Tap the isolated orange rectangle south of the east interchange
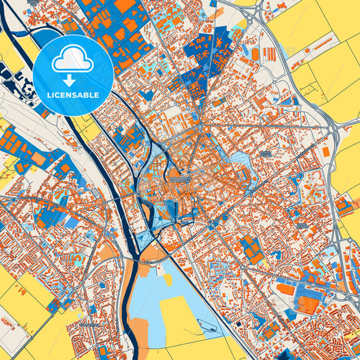click(327, 153)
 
